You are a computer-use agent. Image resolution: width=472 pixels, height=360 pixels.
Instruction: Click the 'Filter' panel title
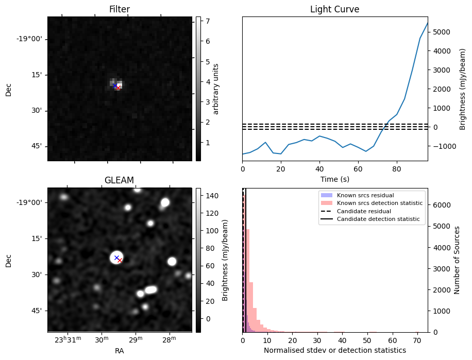[120, 9]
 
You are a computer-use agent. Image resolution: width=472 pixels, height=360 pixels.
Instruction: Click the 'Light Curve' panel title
[334, 9]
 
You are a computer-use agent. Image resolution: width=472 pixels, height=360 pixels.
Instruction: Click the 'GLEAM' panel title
[120, 180]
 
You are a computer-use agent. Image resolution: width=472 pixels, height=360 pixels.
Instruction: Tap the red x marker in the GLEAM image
[120, 261]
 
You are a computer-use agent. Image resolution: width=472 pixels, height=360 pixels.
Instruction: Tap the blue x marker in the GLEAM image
[116, 258]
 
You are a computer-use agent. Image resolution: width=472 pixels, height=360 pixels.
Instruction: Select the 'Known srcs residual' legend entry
[365, 195]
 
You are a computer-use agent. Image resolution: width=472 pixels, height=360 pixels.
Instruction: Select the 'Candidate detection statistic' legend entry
[378, 219]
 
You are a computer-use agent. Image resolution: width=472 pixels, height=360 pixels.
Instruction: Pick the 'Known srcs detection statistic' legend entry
[380, 203]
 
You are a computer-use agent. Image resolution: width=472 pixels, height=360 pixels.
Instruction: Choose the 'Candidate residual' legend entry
[363, 211]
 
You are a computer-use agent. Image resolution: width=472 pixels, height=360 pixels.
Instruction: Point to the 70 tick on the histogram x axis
[418, 340]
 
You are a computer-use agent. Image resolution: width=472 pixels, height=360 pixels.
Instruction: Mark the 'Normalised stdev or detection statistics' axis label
[334, 350]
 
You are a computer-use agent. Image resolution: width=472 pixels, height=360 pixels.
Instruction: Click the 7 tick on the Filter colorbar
[205, 21]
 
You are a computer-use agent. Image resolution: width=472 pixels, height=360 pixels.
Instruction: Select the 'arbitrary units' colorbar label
[216, 89]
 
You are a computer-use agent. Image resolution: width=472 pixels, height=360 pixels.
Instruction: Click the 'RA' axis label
[120, 351]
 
